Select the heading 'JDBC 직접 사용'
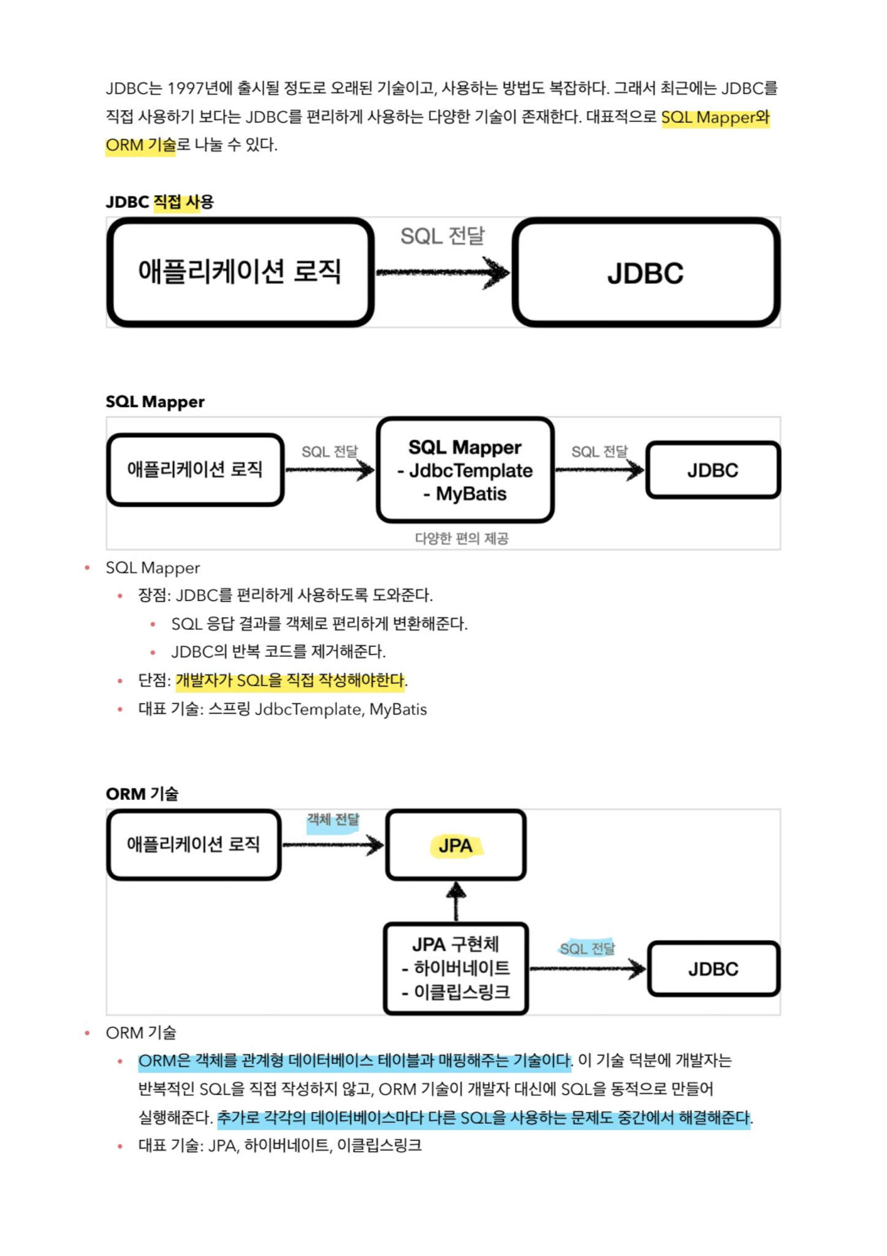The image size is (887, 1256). click(159, 202)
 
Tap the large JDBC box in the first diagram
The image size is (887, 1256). click(646, 272)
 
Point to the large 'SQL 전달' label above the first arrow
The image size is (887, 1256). click(442, 236)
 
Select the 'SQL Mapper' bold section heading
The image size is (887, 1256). click(155, 402)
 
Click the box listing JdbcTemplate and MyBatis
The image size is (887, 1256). click(465, 470)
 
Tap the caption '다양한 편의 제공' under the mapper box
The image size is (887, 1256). click(462, 538)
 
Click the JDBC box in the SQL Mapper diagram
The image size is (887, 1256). click(713, 470)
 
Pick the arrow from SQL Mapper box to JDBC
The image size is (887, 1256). click(600, 470)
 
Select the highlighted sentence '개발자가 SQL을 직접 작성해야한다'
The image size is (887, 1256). click(291, 680)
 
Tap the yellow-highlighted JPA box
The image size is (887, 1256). click(456, 846)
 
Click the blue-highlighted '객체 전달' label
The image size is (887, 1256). click(333, 820)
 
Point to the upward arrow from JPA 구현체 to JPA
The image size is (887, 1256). click(455, 902)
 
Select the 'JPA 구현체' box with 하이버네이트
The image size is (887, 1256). click(456, 968)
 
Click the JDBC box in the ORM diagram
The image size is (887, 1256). click(714, 969)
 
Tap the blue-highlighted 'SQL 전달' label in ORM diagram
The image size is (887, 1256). click(587, 949)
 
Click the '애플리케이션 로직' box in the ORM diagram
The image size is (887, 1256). click(194, 845)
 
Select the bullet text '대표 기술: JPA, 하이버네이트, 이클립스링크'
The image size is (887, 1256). click(280, 1146)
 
